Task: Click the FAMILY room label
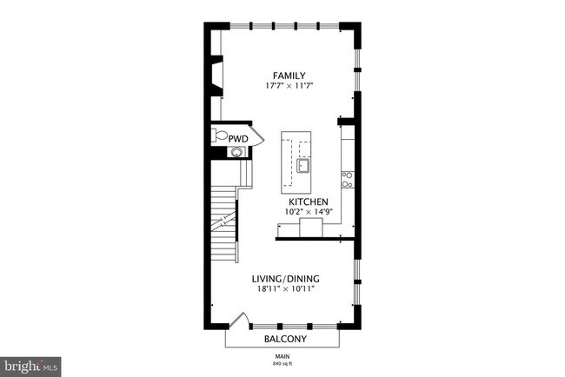point(288,76)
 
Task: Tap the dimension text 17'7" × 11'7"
point(288,86)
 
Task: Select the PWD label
point(239,138)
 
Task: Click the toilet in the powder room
point(220,136)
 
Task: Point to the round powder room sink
point(235,153)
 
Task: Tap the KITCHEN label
point(309,201)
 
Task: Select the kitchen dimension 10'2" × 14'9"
point(309,211)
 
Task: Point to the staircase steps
point(225,222)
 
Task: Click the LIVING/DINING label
point(286,279)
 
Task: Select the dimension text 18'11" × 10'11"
point(286,289)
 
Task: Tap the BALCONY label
point(285,339)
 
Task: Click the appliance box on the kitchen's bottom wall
point(310,227)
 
